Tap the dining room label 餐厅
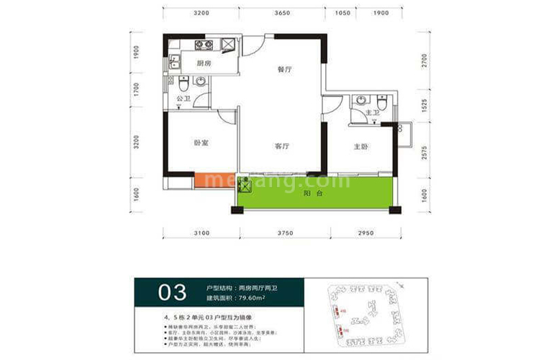point(283,71)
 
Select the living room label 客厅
point(282,145)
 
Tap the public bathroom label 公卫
point(183,99)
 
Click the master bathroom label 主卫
point(371,113)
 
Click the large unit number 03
point(171,292)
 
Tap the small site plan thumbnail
point(366,315)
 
